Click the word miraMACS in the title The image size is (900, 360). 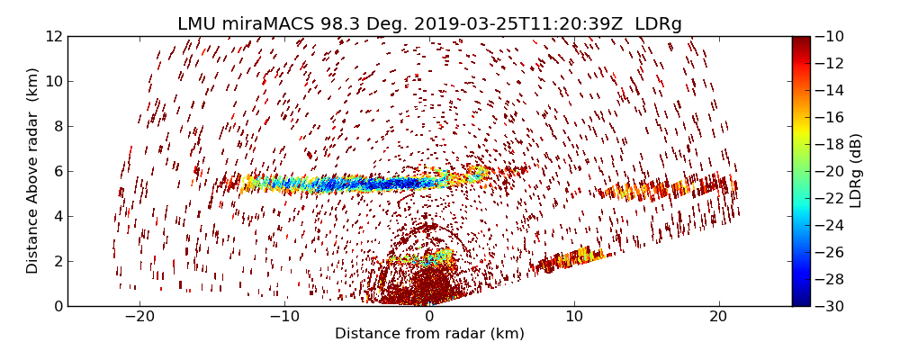[x=263, y=23]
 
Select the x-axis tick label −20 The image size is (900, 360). [x=139, y=317]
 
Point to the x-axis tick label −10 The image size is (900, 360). [x=283, y=317]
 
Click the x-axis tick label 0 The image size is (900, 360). [x=429, y=317]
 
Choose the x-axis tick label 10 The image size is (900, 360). [x=574, y=317]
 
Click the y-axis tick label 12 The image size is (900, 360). [x=53, y=37]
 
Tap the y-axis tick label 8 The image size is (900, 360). [x=57, y=127]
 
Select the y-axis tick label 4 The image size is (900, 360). [x=57, y=217]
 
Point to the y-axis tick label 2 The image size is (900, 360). [x=57, y=262]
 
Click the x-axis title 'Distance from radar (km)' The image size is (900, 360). [x=429, y=334]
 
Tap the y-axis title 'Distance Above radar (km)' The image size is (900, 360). [x=33, y=171]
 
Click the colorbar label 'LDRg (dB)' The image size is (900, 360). [x=856, y=171]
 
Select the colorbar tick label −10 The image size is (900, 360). [x=833, y=37]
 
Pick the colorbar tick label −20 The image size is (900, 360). [x=833, y=171]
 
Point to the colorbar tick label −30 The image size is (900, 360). [x=833, y=306]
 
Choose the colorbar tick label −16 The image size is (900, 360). [x=833, y=117]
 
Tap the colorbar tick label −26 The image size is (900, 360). [x=833, y=252]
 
